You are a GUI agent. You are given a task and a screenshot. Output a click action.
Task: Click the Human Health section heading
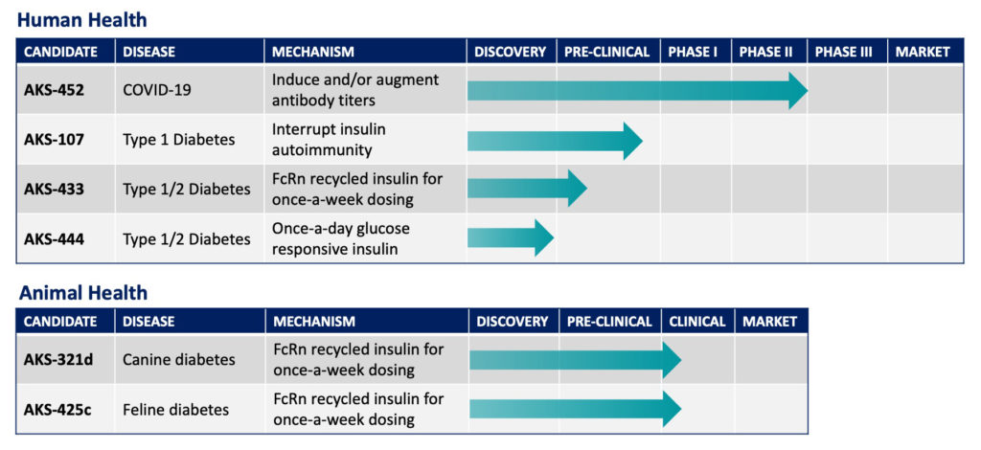82,20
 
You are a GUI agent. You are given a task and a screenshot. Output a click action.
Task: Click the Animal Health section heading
83,293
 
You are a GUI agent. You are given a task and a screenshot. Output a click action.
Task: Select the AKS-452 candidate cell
54,89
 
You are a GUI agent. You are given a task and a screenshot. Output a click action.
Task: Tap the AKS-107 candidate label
54,139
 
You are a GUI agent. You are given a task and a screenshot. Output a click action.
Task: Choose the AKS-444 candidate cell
54,238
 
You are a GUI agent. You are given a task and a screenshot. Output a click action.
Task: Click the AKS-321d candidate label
58,359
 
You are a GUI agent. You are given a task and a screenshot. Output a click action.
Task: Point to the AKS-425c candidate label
58,410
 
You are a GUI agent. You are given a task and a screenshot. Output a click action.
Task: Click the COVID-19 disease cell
157,89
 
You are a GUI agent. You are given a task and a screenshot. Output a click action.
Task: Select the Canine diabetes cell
179,359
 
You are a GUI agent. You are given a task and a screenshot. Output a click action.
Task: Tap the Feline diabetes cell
176,410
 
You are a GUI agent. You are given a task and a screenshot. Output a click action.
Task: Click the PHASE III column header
843,52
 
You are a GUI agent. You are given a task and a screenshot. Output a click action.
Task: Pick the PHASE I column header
693,52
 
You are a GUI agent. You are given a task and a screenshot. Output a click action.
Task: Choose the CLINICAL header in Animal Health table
697,322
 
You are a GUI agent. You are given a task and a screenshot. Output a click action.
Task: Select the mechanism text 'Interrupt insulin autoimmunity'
329,140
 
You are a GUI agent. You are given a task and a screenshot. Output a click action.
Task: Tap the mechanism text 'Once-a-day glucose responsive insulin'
340,238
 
